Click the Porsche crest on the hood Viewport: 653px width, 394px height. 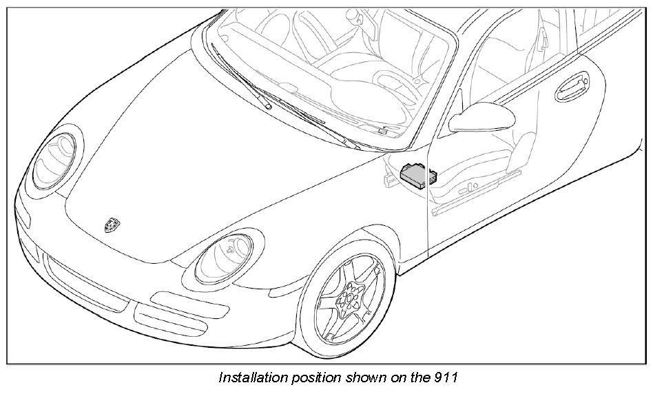[111, 224]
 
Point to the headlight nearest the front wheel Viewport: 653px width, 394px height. [225, 256]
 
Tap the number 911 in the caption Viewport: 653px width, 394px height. [444, 377]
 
